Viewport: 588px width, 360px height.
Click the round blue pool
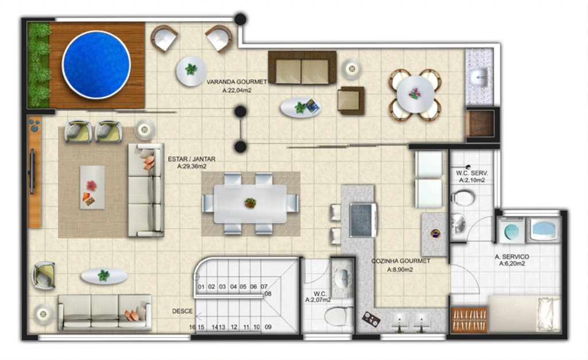click(96, 64)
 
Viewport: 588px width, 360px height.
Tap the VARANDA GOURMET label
click(237, 82)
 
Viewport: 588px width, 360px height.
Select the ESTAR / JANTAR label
click(192, 159)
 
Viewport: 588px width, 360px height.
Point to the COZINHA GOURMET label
click(400, 261)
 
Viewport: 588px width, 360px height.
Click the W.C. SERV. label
click(472, 173)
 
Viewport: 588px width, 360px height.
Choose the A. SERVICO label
click(512, 257)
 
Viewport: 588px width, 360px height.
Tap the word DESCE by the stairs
click(182, 311)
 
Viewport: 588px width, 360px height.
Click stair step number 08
click(268, 294)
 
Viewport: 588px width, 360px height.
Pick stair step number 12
click(234, 327)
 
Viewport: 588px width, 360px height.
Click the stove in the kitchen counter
click(362, 220)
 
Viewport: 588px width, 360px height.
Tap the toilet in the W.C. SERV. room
click(462, 198)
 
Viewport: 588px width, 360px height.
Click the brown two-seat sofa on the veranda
click(302, 68)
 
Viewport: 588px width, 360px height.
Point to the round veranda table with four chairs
click(415, 95)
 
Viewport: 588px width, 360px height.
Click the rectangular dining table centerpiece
click(250, 203)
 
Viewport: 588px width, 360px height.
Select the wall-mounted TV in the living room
click(32, 171)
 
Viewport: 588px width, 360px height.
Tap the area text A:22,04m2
click(237, 90)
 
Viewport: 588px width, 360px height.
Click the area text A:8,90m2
click(400, 270)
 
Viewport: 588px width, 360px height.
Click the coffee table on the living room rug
click(92, 188)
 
